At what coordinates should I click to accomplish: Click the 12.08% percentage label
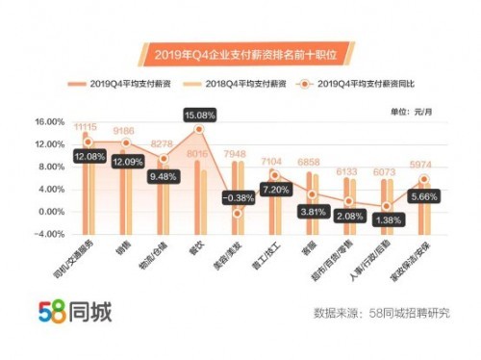pyautogui.click(x=88, y=156)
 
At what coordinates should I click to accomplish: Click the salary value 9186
pyautogui.click(x=124, y=131)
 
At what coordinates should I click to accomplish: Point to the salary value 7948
pyautogui.click(x=237, y=153)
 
